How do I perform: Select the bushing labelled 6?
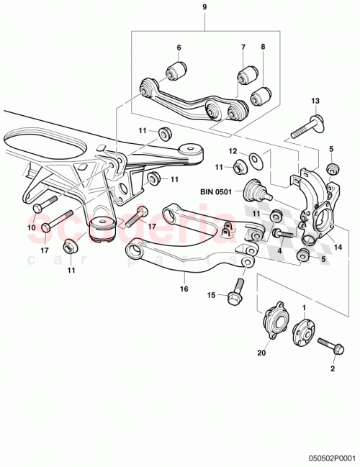(178, 71)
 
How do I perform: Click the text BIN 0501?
(220, 192)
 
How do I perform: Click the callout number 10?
(31, 228)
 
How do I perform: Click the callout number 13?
(315, 100)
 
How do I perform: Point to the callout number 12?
(233, 152)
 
